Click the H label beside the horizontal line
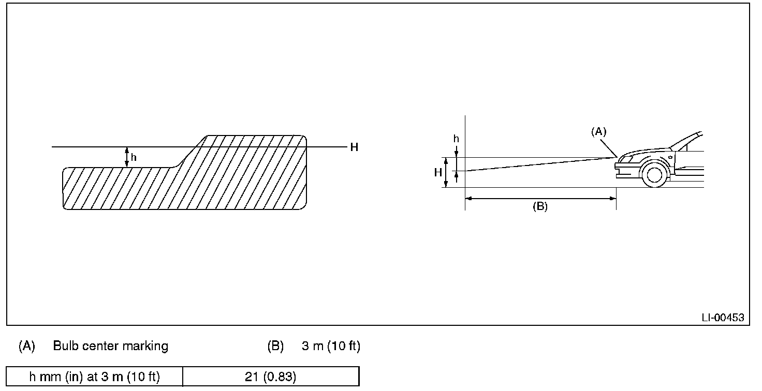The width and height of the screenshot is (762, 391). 354,147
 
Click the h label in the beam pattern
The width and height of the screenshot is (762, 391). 134,157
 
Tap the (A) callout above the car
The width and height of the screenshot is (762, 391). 599,131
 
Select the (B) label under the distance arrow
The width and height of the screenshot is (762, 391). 540,206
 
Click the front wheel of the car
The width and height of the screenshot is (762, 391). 654,174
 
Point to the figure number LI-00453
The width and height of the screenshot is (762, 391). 723,318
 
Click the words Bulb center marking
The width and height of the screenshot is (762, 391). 111,346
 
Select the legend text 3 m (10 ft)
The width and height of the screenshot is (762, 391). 331,346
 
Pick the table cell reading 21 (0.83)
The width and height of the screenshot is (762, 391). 271,377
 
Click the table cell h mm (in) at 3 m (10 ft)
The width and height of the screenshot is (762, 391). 95,377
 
